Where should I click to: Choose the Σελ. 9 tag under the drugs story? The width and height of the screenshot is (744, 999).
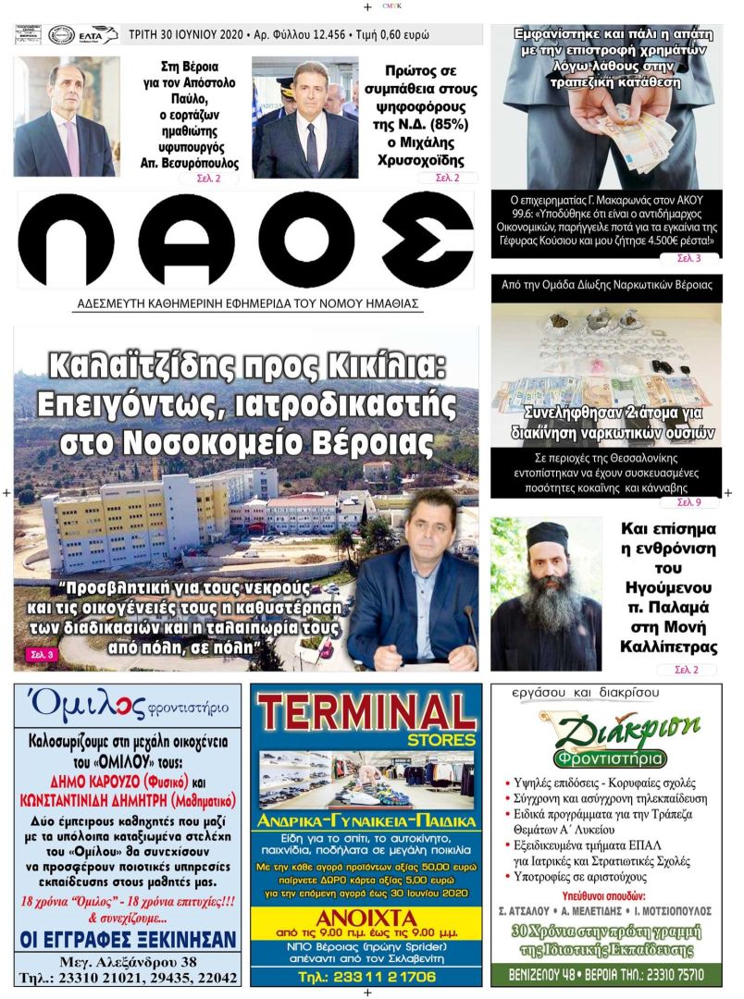688,502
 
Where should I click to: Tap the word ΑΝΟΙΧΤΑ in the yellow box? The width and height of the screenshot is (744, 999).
366,919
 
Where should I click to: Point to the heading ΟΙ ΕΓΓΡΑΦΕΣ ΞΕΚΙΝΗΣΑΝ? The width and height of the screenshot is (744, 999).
128,940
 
